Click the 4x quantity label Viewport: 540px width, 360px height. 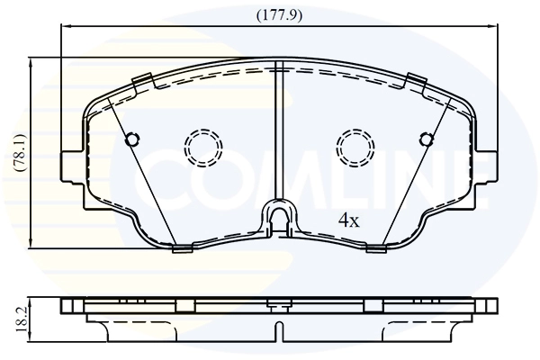click(x=348, y=220)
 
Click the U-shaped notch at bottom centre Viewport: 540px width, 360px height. click(x=278, y=218)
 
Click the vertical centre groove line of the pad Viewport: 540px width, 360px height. click(x=278, y=135)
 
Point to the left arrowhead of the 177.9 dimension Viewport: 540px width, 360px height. click(x=63, y=28)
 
